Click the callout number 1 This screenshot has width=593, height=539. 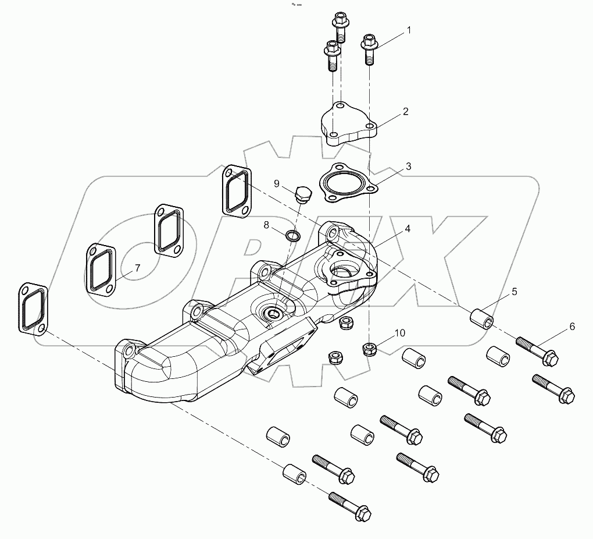[409, 30]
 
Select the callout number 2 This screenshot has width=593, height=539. [405, 111]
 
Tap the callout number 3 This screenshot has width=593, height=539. [409, 166]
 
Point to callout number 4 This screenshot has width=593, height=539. [408, 229]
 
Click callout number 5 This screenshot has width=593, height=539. [515, 290]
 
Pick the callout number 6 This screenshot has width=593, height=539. [571, 327]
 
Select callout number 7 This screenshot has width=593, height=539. [138, 268]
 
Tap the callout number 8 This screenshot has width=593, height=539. [266, 225]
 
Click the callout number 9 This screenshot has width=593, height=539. [277, 184]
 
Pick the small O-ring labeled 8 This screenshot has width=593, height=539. [293, 236]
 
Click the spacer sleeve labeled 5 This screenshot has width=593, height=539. [482, 318]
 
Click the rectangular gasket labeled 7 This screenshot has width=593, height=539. [102, 268]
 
